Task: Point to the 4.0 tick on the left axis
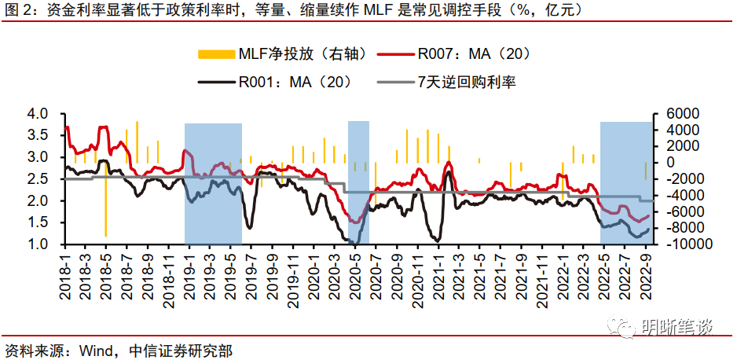(37, 114)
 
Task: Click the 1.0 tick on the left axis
(37, 244)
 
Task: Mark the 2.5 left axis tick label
(37, 179)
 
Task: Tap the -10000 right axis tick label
(685, 244)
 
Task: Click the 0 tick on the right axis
(669, 163)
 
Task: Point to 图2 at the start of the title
(19, 12)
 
